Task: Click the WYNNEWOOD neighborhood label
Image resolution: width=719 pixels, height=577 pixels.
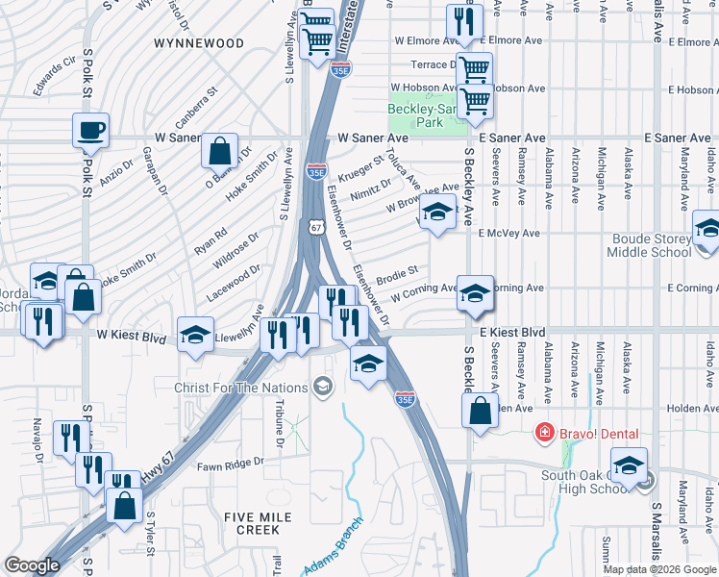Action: coord(199,43)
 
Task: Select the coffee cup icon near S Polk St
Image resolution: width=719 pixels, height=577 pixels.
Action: coord(90,130)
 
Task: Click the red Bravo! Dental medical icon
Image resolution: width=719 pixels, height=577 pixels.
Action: coord(545,433)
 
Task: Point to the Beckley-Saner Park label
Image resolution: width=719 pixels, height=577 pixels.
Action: coord(426,115)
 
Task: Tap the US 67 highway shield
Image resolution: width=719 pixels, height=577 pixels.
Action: coord(315,227)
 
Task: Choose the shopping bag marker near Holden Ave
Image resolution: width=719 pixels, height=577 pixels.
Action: coord(481,411)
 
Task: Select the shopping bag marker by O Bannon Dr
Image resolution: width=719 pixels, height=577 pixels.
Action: coord(220,151)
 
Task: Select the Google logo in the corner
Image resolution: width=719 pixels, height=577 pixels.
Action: coord(31,565)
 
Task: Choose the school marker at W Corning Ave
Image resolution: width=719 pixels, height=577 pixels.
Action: coord(474,293)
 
